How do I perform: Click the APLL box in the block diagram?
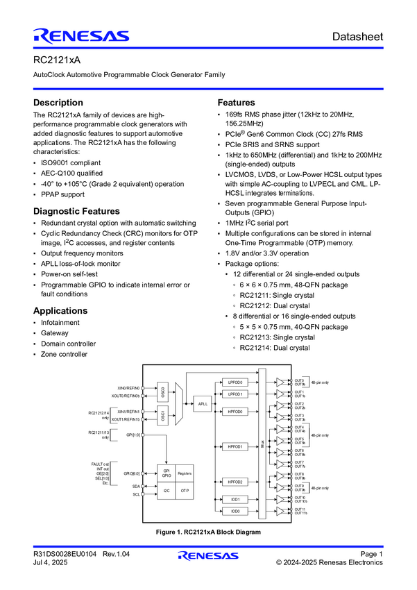pos(203,404)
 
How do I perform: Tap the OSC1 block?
pos(162,416)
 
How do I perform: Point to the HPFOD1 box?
pos(235,446)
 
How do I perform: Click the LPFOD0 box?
pos(235,382)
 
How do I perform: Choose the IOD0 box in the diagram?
pos(235,511)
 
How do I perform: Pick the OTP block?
pos(184,490)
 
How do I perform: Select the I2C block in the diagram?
pos(166,490)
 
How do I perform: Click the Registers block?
pos(184,473)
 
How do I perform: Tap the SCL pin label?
pos(136,494)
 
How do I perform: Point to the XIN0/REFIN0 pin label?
pos(129,388)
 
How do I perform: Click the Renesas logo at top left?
pos(80,36)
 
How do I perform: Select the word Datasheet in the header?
pos(357,36)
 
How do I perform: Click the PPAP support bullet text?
pos(66,195)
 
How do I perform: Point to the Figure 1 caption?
pos(208,532)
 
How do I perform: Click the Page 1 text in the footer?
pos(371,553)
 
